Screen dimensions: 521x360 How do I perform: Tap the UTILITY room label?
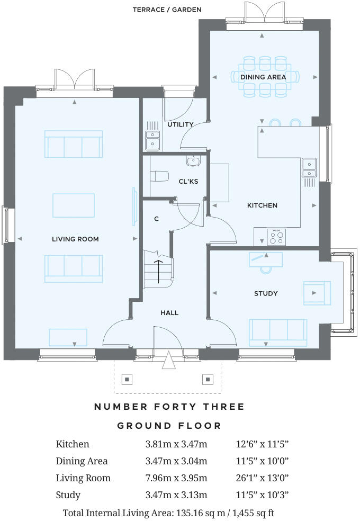pos(181,124)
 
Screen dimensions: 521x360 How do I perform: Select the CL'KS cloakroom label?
pos(188,181)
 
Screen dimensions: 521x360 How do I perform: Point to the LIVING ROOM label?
pos(75,239)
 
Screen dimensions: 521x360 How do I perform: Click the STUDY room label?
pos(266,293)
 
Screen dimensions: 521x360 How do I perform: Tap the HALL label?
pos(169,313)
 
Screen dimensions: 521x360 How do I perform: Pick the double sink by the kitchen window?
pos(309,167)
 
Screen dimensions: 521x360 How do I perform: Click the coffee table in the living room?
pos(74,205)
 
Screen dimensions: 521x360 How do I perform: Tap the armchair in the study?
pos(317,293)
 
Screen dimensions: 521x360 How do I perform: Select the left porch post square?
pos(127,379)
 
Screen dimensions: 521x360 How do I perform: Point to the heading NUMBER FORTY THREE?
pos(169,407)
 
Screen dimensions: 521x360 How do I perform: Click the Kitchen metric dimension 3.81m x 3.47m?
pos(176,444)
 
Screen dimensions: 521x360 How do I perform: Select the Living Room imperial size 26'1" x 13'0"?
pos(262,478)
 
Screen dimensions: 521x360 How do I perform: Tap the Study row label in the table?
pos(68,495)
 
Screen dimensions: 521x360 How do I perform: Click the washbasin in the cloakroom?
pos(193,160)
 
